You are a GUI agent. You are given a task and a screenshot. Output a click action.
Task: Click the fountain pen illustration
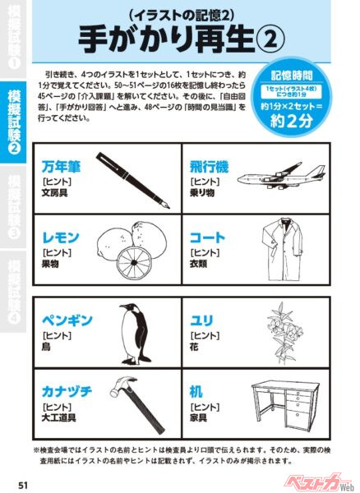point(132,177)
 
